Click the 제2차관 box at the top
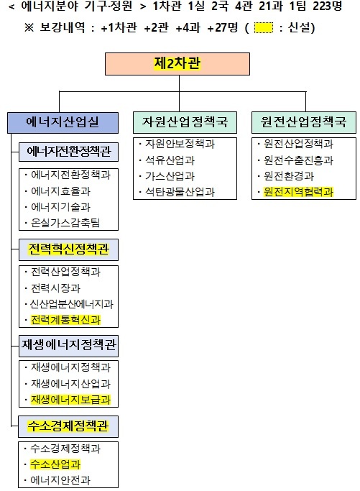[177, 64]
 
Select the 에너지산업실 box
[63, 122]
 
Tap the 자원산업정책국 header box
[185, 122]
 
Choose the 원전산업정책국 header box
[304, 122]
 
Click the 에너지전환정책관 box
[68, 152]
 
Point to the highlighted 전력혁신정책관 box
[68, 249]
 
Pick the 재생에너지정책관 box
[68, 346]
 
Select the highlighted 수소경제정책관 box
[68, 426]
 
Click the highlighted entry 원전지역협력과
[298, 192]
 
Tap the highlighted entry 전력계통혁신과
[65, 320]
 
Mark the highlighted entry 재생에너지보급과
[70, 400]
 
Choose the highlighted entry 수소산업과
[55, 464]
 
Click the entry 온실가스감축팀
[65, 223]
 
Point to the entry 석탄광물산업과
[180, 192]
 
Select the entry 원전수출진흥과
[298, 160]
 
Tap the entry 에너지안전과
[60, 480]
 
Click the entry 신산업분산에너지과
[71, 304]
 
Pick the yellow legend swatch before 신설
[263, 28]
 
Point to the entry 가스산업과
[170, 176]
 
